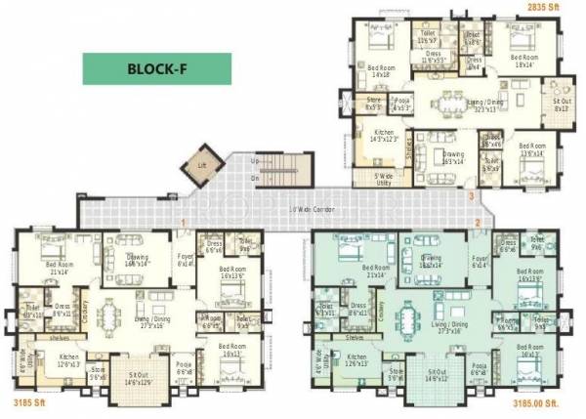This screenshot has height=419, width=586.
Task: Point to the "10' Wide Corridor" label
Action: click(308, 209)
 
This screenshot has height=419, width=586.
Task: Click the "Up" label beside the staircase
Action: click(255, 160)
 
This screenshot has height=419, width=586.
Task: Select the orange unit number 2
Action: click(478, 223)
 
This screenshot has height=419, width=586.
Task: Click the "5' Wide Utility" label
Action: click(387, 178)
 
